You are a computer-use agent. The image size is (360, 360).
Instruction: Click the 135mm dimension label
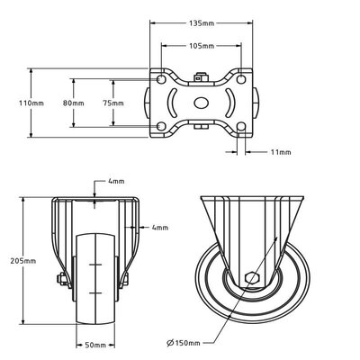202,23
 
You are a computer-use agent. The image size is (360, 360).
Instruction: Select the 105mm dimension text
202,46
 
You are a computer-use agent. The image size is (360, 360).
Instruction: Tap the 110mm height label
31,103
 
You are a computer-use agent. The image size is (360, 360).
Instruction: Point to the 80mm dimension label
74,103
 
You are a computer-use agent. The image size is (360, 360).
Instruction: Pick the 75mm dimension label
113,103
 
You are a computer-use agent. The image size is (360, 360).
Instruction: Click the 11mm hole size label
281,152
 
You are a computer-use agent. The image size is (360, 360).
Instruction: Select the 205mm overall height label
23,261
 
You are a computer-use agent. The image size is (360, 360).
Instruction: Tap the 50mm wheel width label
95,346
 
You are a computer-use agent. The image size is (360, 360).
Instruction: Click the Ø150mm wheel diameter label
184,342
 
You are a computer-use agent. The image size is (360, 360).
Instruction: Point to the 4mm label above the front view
116,181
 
